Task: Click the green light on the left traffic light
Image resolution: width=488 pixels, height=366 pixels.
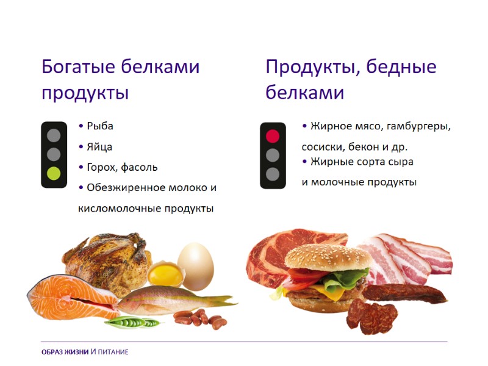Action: [x=54, y=173]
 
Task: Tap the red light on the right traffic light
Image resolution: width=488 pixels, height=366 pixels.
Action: [x=273, y=135]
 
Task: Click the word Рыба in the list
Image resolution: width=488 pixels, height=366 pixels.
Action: [x=99, y=126]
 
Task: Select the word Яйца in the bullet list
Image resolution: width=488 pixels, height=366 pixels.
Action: [x=99, y=146]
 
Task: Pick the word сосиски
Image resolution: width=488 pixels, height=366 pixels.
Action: [x=324, y=147]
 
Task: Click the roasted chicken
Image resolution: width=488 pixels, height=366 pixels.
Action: [x=107, y=259]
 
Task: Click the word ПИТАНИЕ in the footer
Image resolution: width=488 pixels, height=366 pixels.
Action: [x=113, y=352]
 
